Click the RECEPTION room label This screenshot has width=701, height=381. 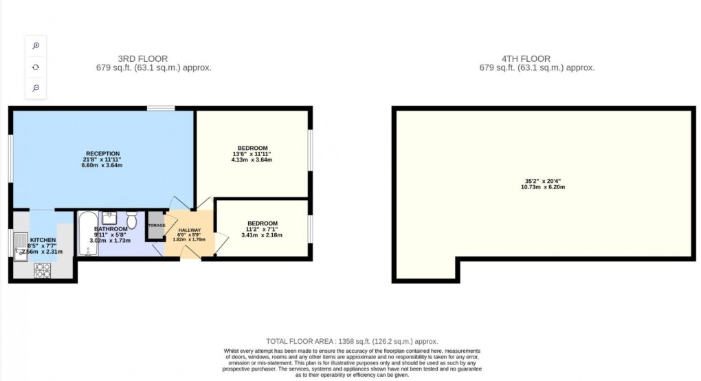click(103, 153)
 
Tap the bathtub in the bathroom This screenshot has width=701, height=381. click(87, 234)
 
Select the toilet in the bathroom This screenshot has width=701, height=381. click(131, 219)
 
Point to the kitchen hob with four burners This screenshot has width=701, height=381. click(43, 270)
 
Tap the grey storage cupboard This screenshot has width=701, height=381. click(156, 226)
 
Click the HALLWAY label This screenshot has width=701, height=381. click(189, 230)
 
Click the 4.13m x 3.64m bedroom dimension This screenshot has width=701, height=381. click(252, 160)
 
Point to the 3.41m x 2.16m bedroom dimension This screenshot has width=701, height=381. click(262, 235)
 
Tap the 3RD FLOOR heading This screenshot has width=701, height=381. click(142, 59)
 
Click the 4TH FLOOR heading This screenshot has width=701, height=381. click(526, 59)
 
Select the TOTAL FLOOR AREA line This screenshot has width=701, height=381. click(352, 341)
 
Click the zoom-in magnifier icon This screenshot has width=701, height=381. click(36, 45)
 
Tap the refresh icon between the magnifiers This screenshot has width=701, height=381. click(36, 67)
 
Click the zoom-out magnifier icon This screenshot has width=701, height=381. click(36, 88)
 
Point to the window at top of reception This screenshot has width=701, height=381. click(160, 108)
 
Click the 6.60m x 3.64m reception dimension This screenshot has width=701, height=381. click(103, 166)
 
